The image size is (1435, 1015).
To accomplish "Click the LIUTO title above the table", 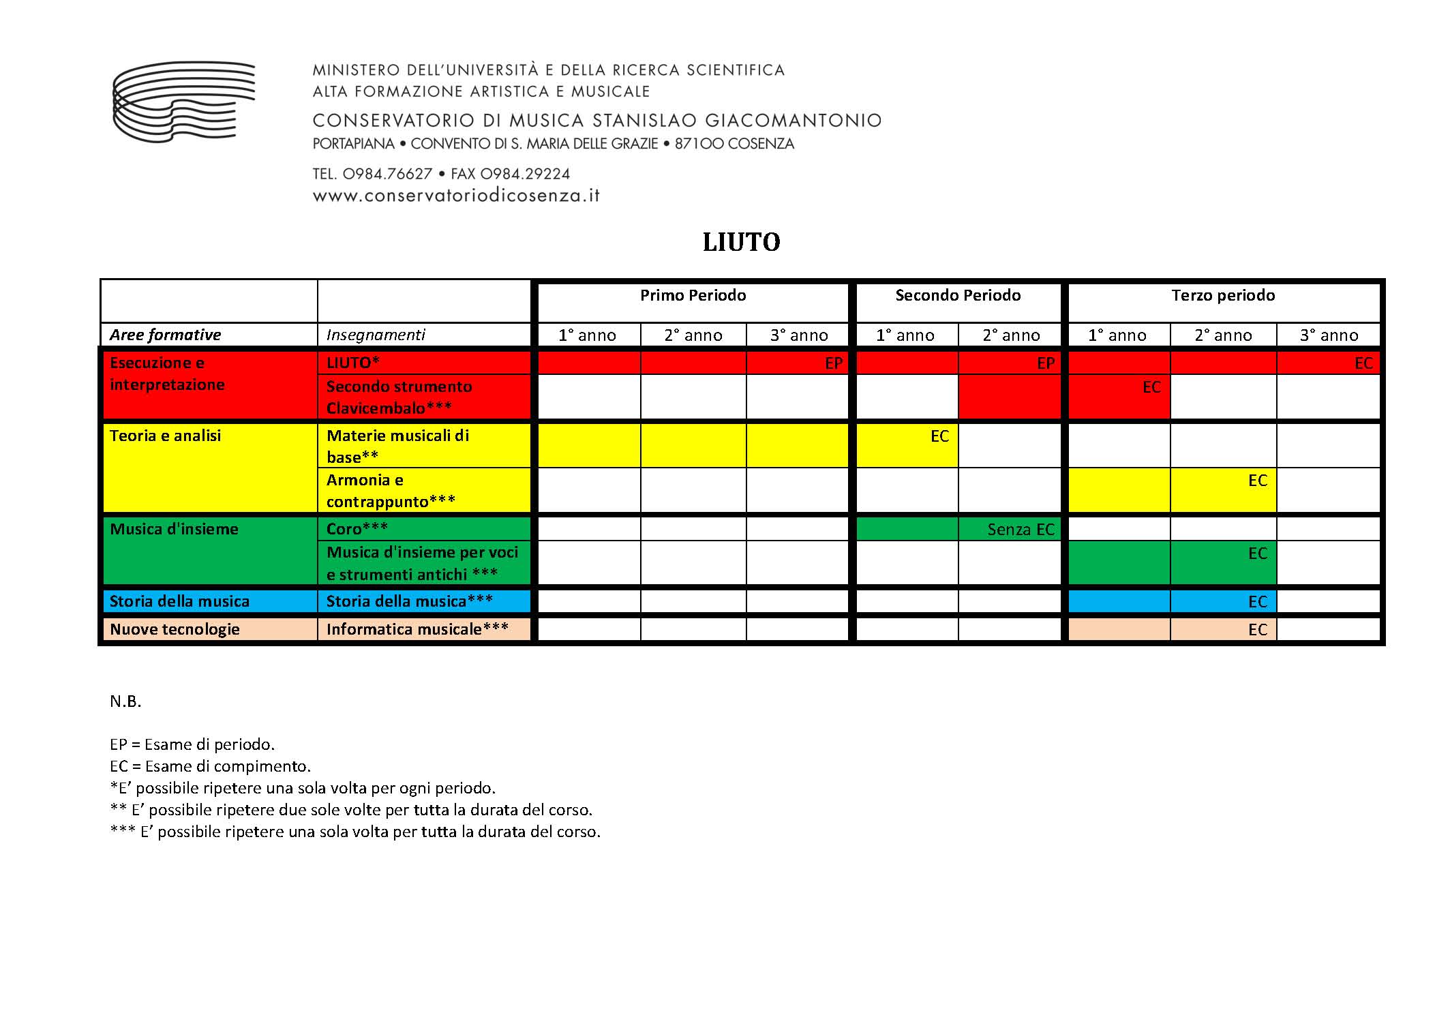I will [741, 242].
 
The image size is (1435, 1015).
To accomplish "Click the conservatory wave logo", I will [183, 102].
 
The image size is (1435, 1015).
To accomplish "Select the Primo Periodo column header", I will [693, 295].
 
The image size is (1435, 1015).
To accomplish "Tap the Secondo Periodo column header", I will [958, 295].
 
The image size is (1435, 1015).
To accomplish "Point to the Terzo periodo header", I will [1223, 295].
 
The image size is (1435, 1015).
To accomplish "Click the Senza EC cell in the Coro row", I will [1021, 529].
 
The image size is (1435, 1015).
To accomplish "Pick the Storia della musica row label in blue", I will [179, 601].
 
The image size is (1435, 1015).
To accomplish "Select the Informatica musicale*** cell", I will [417, 628].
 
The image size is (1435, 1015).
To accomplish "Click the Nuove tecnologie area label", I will [175, 628].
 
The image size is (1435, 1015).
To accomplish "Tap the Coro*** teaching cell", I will [357, 528].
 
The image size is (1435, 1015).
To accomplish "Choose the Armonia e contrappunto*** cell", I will [391, 490].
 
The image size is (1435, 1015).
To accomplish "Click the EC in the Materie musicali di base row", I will [939, 436].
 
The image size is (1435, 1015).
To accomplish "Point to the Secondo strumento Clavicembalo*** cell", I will [399, 397].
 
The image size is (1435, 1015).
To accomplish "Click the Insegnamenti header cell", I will [376, 335].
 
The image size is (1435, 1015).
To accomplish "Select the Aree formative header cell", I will [166, 335].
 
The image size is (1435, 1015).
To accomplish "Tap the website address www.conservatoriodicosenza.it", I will [456, 196].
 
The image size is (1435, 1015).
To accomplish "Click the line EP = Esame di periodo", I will [192, 744].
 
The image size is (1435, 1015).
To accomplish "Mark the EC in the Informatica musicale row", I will [1257, 629].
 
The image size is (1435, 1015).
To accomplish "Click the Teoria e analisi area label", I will [166, 436].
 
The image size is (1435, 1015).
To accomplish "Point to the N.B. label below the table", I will [125, 701].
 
